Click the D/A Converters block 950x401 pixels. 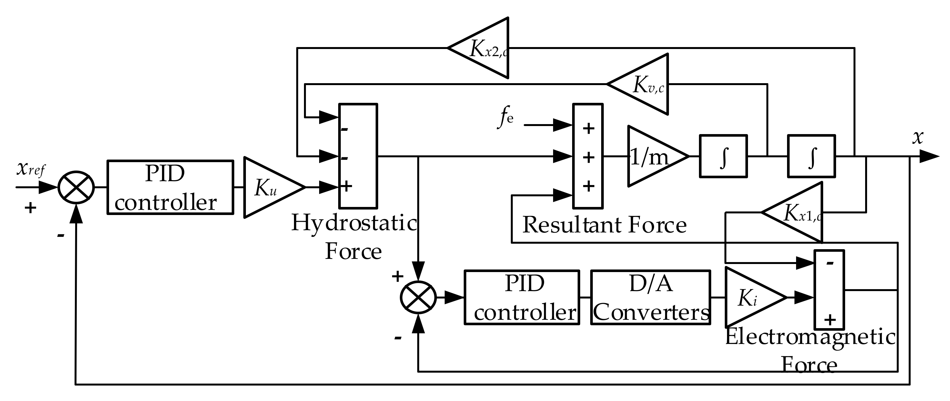[651, 298]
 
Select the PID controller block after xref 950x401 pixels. [170, 187]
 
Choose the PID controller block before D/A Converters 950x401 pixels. [521, 298]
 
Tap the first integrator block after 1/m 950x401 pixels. [723, 157]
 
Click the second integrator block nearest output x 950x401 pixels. [811, 157]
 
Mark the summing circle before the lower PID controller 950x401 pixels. [418, 298]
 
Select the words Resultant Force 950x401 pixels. [604, 224]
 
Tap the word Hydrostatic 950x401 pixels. [354, 223]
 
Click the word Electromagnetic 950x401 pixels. [810, 337]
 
